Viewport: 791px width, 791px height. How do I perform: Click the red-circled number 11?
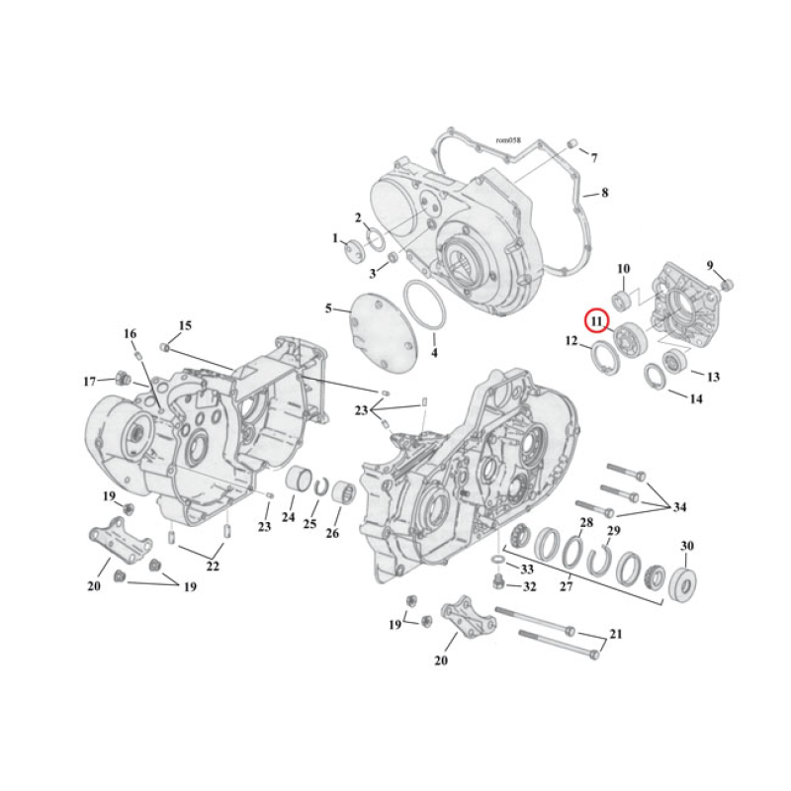tap(595, 319)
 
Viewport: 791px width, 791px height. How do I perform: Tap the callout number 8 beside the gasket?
tap(605, 192)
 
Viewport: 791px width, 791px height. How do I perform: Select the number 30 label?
tap(687, 546)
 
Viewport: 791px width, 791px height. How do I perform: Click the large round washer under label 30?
tap(684, 582)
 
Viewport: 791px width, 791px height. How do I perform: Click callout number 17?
tap(90, 381)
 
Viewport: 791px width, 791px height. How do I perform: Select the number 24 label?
tap(288, 516)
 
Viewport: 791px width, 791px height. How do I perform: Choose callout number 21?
tap(616, 633)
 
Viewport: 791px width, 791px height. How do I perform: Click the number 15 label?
tap(185, 325)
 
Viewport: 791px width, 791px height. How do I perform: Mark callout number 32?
tap(529, 586)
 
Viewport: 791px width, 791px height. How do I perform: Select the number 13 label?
tap(713, 376)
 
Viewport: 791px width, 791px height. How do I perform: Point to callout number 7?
tap(594, 157)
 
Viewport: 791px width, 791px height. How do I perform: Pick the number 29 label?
tap(613, 532)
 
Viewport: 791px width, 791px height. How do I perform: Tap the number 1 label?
tap(335, 238)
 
